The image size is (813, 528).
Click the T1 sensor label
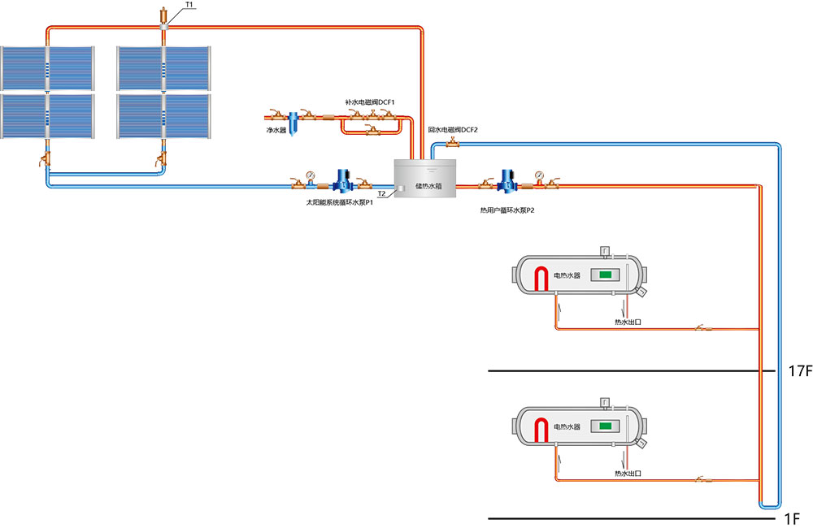(189, 6)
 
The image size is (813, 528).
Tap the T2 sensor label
(381, 193)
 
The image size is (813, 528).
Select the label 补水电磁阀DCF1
(370, 102)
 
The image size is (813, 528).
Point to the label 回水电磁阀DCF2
(453, 129)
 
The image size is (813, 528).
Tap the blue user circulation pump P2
(508, 181)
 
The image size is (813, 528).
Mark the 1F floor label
(793, 517)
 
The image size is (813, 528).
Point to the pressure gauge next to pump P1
(310, 174)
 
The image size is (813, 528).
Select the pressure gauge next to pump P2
(538, 174)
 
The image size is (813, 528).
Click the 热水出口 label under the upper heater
(628, 322)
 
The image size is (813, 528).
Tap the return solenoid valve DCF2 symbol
(450, 144)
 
